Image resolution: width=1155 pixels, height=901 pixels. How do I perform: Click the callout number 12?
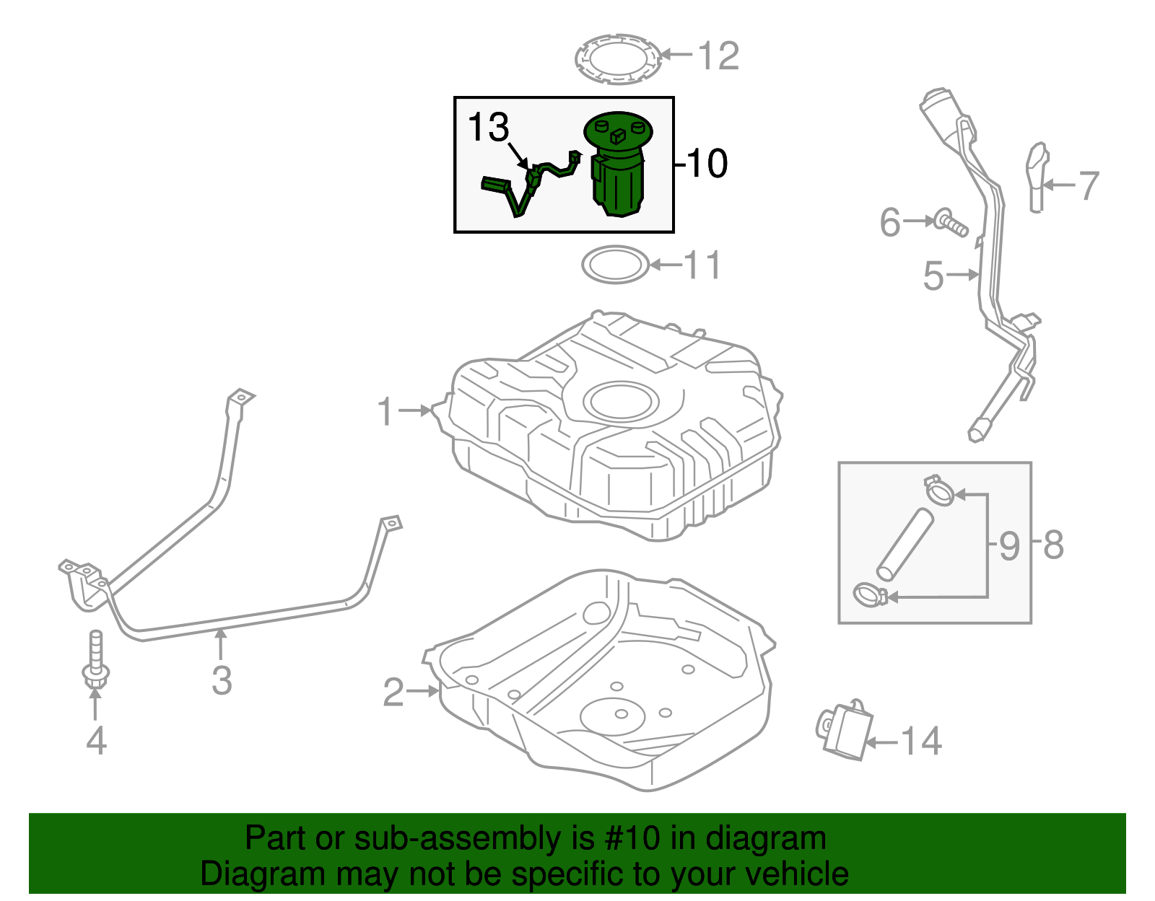point(718,56)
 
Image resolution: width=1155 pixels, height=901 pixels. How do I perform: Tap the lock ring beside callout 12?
point(618,58)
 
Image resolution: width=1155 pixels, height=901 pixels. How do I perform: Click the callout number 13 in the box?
point(489,128)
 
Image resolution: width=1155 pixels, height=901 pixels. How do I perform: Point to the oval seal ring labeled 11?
point(615,265)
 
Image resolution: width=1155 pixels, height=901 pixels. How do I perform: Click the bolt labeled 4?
point(95,660)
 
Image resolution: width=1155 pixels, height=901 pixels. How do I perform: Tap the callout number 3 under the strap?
point(222,680)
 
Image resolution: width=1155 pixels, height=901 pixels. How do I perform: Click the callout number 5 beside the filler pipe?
point(933,276)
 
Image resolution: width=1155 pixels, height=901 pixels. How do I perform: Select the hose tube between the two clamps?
point(905,545)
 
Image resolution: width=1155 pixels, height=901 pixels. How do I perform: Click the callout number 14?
point(922,742)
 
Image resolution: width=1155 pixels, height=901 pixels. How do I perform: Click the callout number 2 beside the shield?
point(393,692)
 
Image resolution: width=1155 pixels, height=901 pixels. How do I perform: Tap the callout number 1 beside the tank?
point(387,411)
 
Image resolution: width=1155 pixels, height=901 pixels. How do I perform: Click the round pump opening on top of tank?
point(621,401)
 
